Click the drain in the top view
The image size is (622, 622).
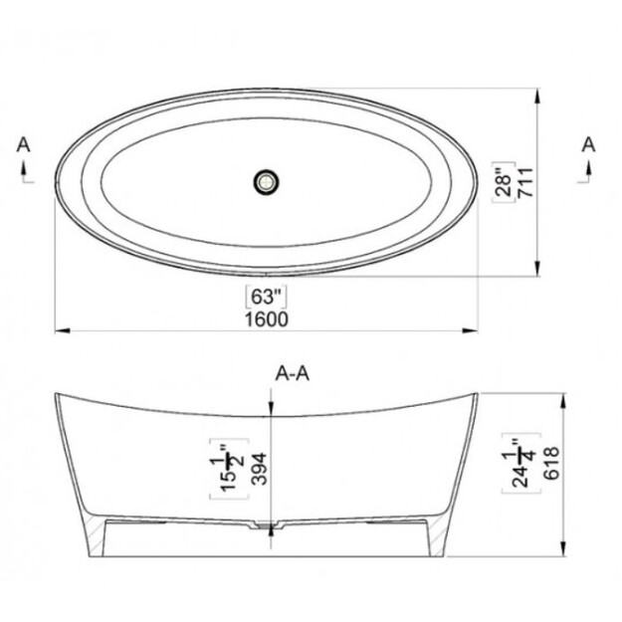[x=266, y=182]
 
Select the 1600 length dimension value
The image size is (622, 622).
[x=267, y=319]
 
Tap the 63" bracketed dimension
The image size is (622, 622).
[x=267, y=297]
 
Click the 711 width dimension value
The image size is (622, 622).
[x=526, y=182]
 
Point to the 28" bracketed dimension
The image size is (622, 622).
[x=504, y=182]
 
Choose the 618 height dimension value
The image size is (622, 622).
[x=551, y=463]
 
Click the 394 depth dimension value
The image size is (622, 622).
[x=260, y=469]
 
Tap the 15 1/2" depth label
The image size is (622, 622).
[x=229, y=469]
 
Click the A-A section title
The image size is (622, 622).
[x=293, y=373]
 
